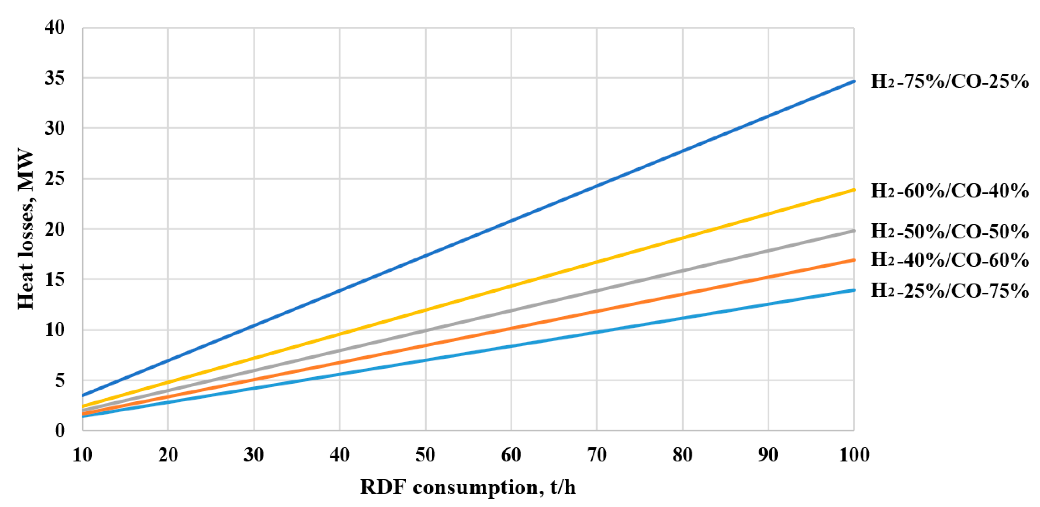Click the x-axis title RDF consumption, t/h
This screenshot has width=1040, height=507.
(x=468, y=487)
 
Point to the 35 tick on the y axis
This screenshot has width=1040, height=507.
(x=54, y=78)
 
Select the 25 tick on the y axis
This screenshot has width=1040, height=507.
(x=54, y=179)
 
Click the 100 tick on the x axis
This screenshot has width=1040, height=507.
(x=854, y=455)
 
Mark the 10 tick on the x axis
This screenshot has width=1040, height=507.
(x=82, y=455)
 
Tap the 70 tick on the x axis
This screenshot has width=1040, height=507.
(x=597, y=455)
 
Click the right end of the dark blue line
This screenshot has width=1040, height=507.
(x=853, y=82)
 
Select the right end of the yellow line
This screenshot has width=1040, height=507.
(x=853, y=190)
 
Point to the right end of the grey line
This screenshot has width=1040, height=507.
(x=853, y=231)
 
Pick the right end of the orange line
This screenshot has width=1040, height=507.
(x=853, y=260)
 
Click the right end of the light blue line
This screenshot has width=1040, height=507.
(x=853, y=290)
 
